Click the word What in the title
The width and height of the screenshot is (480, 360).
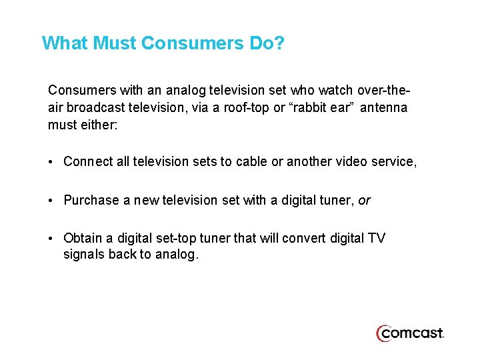click(x=65, y=43)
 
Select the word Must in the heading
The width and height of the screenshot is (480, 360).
click(x=115, y=43)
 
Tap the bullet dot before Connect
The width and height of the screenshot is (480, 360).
click(x=52, y=161)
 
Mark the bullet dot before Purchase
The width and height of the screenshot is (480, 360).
click(x=52, y=200)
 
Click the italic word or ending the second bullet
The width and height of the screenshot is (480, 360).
click(x=364, y=200)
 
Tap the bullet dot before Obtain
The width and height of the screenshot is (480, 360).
click(x=52, y=239)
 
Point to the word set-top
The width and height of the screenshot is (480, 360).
click(x=177, y=239)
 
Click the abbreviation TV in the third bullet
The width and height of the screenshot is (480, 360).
click(x=377, y=239)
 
